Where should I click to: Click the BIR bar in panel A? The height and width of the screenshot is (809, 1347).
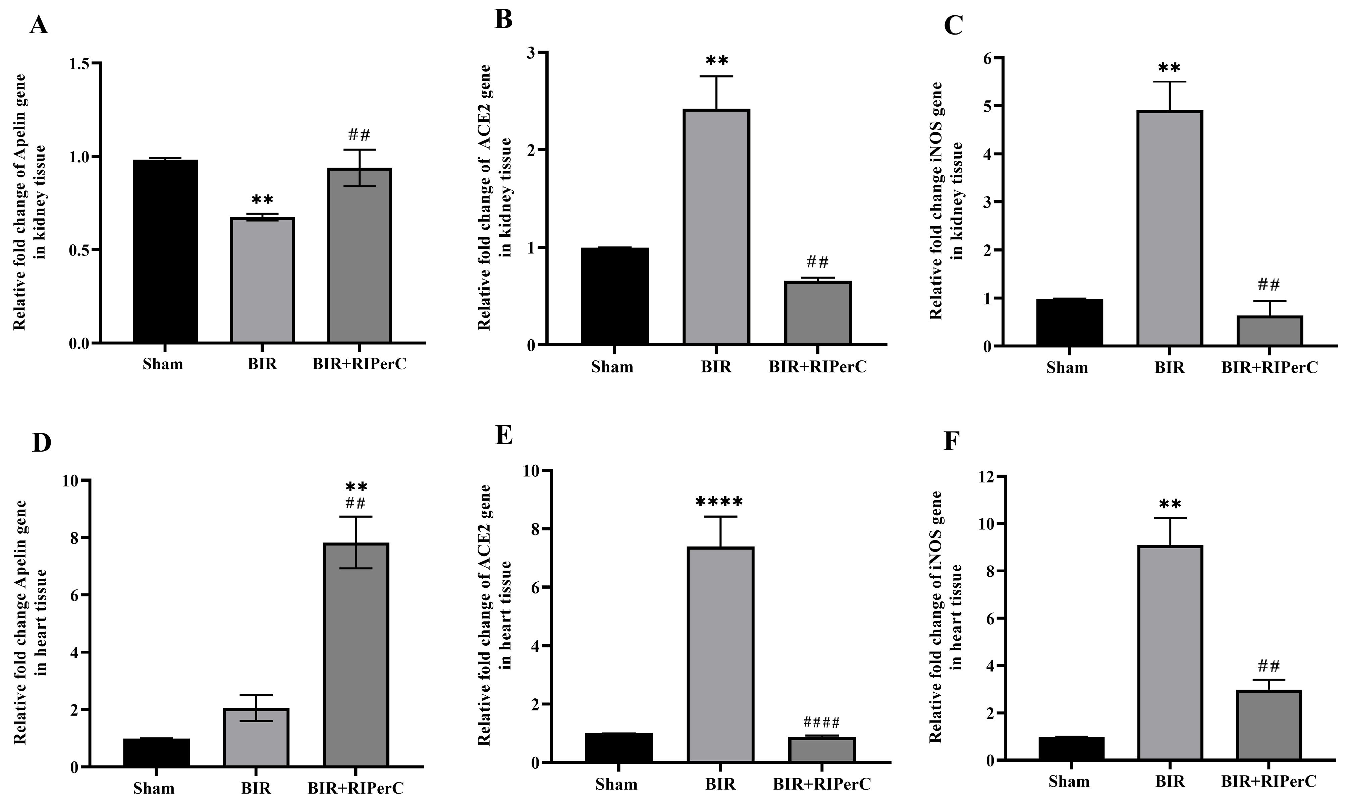(x=262, y=280)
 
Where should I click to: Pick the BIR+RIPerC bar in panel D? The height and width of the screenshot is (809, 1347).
(x=356, y=654)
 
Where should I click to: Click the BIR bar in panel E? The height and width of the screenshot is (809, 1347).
(x=720, y=654)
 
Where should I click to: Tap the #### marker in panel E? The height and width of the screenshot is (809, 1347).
(x=821, y=723)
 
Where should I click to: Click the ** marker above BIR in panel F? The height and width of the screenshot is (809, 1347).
(x=1169, y=505)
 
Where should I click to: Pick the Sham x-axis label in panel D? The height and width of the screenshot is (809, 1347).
(x=154, y=788)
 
